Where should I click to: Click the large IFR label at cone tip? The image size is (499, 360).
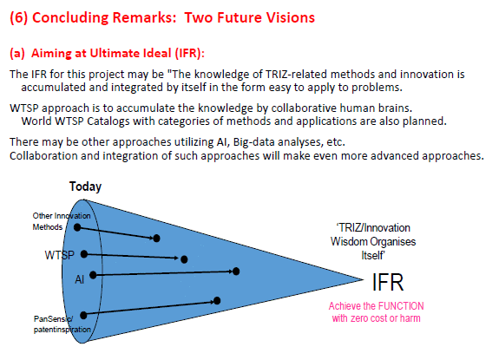[x=388, y=282]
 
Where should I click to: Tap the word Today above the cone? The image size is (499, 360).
[x=85, y=187]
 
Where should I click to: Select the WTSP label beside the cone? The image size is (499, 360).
[x=60, y=255]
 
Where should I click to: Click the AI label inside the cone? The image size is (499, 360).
[x=80, y=279]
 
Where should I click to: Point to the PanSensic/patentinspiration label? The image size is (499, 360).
[x=62, y=324]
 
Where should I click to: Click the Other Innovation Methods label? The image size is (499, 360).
[x=62, y=221]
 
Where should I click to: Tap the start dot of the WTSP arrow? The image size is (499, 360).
[x=84, y=254]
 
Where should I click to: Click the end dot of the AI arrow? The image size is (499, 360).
[x=236, y=272]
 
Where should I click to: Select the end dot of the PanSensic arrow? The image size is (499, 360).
[x=217, y=300]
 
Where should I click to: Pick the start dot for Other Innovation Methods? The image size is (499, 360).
[x=77, y=227]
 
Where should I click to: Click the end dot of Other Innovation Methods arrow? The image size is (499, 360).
[x=156, y=239]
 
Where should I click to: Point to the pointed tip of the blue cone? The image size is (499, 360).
[x=363, y=280]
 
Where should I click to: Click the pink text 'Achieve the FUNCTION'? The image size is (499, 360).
[x=376, y=306]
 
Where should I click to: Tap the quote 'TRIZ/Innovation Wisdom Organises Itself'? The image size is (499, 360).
[x=373, y=241]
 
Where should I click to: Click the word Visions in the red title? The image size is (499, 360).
[x=291, y=17]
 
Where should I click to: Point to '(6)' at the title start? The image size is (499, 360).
[x=19, y=17]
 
